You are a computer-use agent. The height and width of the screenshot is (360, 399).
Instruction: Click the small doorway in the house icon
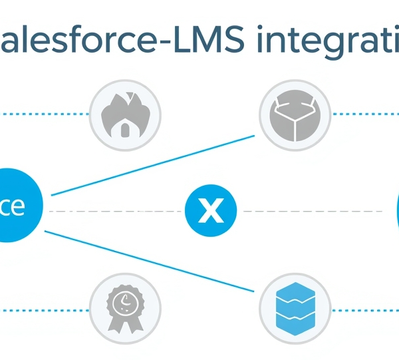(124, 130)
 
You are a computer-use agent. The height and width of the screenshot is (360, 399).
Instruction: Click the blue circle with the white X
(210, 212)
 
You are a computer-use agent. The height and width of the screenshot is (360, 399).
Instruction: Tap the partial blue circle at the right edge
(396, 212)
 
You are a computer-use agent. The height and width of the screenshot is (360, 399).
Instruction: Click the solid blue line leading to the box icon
(153, 166)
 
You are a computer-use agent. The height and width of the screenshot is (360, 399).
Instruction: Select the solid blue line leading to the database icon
(153, 261)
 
